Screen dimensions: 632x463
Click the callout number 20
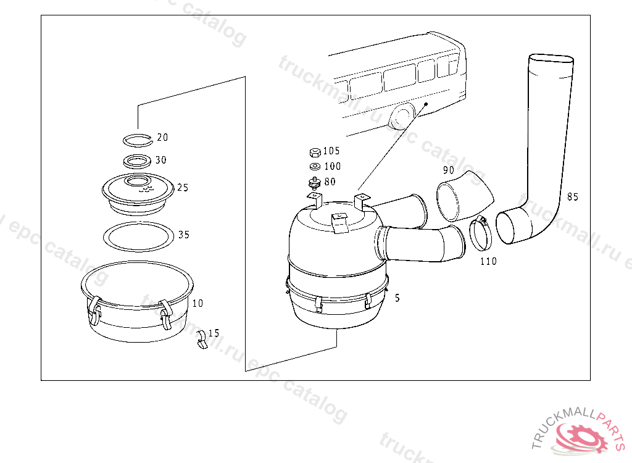(x=162, y=137)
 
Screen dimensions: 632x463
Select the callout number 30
(x=160, y=160)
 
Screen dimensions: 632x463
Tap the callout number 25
(x=182, y=188)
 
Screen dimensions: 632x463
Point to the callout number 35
(x=183, y=235)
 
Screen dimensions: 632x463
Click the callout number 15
(x=214, y=333)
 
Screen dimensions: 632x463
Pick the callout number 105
(x=331, y=151)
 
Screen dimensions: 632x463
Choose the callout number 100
(x=331, y=166)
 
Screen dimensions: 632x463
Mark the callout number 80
(x=330, y=181)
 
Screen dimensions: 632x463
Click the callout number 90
(x=448, y=170)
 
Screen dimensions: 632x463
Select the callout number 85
(x=572, y=198)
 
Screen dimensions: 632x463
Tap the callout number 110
(x=488, y=261)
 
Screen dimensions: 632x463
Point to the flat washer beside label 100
(x=314, y=166)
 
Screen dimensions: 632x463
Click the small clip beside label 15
(x=201, y=340)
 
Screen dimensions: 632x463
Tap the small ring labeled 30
(x=138, y=161)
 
